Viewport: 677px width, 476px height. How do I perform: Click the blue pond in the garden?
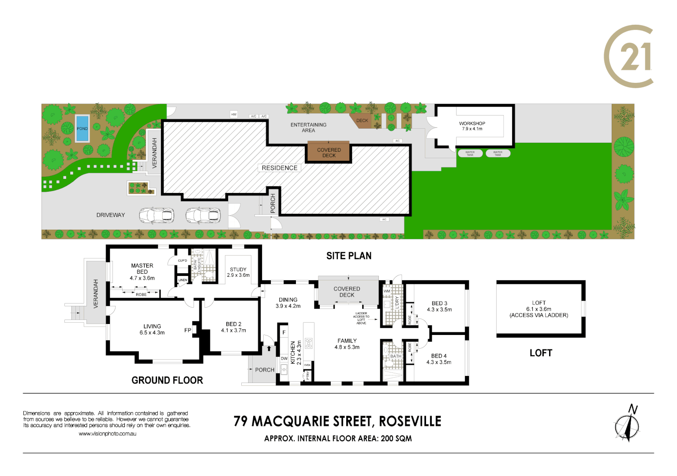pyautogui.click(x=82, y=128)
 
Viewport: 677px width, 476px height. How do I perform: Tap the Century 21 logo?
pyautogui.click(x=629, y=56)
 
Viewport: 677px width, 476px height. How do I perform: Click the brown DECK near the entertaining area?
pyautogui.click(x=362, y=121)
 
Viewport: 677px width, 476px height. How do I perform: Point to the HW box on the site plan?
pyautogui.click(x=234, y=115)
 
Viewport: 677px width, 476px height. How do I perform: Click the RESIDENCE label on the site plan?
pyautogui.click(x=279, y=168)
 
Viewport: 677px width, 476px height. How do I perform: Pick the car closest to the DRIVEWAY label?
pyautogui.click(x=157, y=216)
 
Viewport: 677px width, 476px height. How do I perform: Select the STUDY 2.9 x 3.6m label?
pyautogui.click(x=238, y=272)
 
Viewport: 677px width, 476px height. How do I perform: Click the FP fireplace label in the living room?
pyautogui.click(x=188, y=330)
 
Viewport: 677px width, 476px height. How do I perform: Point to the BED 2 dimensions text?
pyautogui.click(x=234, y=331)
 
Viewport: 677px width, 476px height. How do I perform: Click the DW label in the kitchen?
pyautogui.click(x=284, y=358)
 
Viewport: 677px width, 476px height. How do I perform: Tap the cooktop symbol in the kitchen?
pyautogui.click(x=309, y=343)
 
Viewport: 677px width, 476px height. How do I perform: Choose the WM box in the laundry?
pyautogui.click(x=387, y=291)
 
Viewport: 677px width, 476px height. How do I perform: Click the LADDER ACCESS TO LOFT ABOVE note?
pyautogui.click(x=361, y=318)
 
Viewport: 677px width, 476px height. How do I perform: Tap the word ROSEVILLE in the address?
pyautogui.click(x=410, y=421)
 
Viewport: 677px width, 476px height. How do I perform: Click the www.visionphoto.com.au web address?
pyautogui.click(x=107, y=434)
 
